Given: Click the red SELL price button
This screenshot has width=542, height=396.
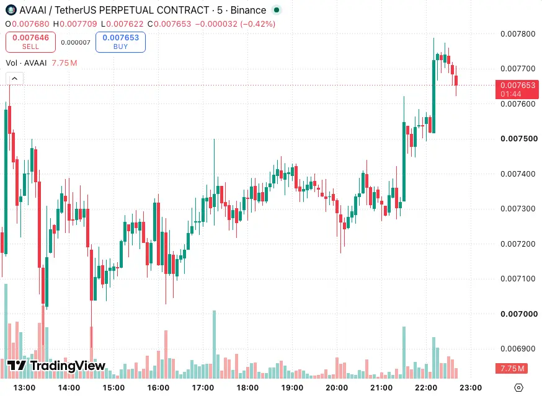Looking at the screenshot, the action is point(30,42).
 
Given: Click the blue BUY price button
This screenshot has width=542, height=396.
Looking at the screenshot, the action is point(120,42).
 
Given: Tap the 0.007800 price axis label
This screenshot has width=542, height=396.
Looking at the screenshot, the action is point(518,34).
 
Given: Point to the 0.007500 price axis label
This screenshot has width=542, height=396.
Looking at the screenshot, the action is point(519,139).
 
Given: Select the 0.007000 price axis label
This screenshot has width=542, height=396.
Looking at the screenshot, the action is point(519,314).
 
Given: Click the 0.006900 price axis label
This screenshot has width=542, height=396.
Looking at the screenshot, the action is point(518,348).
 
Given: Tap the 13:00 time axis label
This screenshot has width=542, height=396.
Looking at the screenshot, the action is point(24,388).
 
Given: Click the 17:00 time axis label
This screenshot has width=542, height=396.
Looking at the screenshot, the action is point(203,388).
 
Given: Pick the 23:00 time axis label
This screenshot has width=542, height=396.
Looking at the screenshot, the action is point(471,388).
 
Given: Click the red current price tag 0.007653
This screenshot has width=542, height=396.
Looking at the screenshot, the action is point(517,89).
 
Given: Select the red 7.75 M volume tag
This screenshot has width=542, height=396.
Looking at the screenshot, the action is point(512,368).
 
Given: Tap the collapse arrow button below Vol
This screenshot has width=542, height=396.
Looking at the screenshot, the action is point(14,79).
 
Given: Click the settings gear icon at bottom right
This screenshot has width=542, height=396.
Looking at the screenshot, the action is point(518,388).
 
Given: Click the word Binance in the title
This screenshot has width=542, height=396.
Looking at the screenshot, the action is point(248,11).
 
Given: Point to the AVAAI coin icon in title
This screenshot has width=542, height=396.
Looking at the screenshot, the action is point(11,10).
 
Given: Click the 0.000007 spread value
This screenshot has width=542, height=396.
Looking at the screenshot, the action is point(76,43).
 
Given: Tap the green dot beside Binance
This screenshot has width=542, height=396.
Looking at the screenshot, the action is point(276,10).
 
